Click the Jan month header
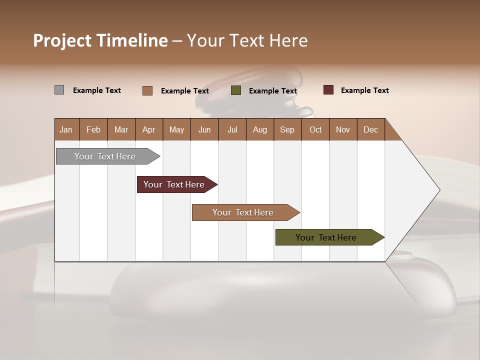[x=66, y=129]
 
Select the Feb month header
[x=93, y=129]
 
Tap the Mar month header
[x=121, y=129]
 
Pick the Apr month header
[x=149, y=129]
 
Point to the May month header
[x=176, y=129]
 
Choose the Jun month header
[x=204, y=129]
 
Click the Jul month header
[x=232, y=129]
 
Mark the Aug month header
[x=260, y=129]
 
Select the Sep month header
[x=287, y=129]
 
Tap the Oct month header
[x=315, y=129]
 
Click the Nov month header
[x=343, y=129]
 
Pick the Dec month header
[x=371, y=129]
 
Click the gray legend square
[x=59, y=90]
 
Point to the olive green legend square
[x=236, y=90]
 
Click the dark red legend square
[x=328, y=90]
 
